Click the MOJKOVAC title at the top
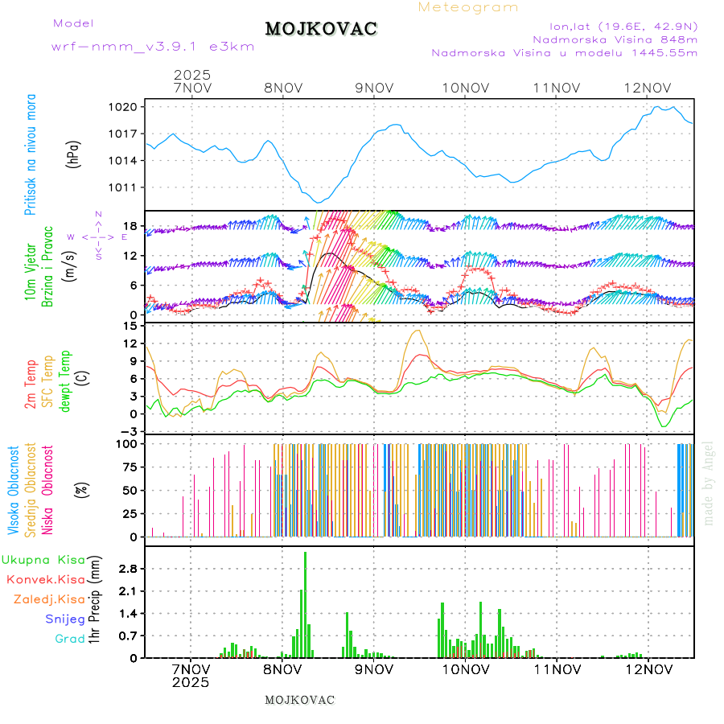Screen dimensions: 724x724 [321, 29]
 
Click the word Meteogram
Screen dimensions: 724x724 [468, 7]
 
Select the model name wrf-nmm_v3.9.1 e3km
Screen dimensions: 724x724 [153, 47]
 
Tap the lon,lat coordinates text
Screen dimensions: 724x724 [623, 26]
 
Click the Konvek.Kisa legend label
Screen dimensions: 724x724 [45, 579]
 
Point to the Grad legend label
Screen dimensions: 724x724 [69, 639]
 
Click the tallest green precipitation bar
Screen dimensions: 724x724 [305, 603]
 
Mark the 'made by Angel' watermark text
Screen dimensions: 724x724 [709, 483]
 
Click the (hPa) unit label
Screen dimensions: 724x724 [74, 154]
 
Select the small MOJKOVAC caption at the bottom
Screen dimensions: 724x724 [299, 700]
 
